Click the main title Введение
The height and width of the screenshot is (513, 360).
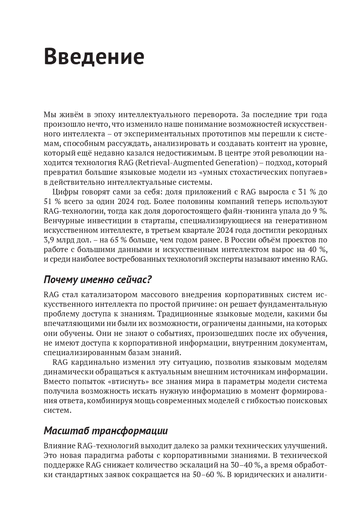tap(94, 57)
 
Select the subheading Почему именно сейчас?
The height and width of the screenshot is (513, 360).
tap(98, 280)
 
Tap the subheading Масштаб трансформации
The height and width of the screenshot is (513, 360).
tap(106, 431)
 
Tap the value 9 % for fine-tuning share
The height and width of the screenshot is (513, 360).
tap(320, 211)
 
